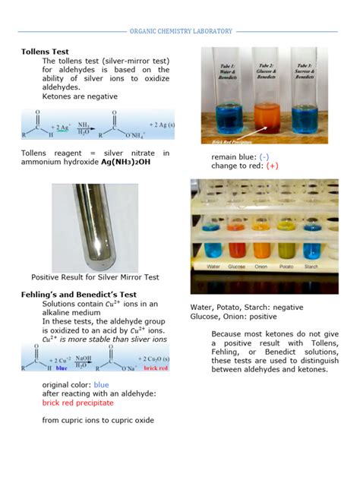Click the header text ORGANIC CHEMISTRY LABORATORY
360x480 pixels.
(x=180, y=31)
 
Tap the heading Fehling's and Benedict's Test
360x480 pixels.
(x=78, y=294)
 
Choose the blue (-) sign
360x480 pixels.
(x=264, y=156)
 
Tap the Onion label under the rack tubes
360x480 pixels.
(x=263, y=267)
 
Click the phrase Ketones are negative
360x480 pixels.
(x=80, y=96)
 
